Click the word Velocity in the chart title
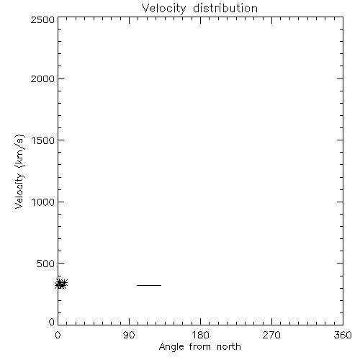pyautogui.click(x=163, y=9)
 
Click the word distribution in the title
pyautogui.click(x=225, y=8)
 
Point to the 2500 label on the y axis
pyautogui.click(x=42, y=19)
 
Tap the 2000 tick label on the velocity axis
pyautogui.click(x=42, y=78)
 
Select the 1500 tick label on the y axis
pyautogui.click(x=43, y=140)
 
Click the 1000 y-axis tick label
pyautogui.click(x=43, y=202)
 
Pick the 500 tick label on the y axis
pyautogui.click(x=46, y=264)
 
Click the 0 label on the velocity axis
pyautogui.click(x=52, y=322)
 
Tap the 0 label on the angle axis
pyautogui.click(x=58, y=335)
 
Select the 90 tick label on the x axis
pyautogui.click(x=129, y=335)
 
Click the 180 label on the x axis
pyautogui.click(x=200, y=335)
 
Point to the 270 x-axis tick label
pyautogui.click(x=271, y=335)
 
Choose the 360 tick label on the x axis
pyautogui.click(x=343, y=335)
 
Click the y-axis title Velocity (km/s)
pyautogui.click(x=19, y=171)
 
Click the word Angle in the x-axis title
pyautogui.click(x=171, y=347)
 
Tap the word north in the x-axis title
pyautogui.click(x=229, y=346)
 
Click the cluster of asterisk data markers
pyautogui.click(x=61, y=284)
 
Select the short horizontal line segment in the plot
pyautogui.click(x=149, y=285)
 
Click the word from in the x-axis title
pyautogui.click(x=201, y=346)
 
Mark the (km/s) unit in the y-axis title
pyautogui.click(x=19, y=151)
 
